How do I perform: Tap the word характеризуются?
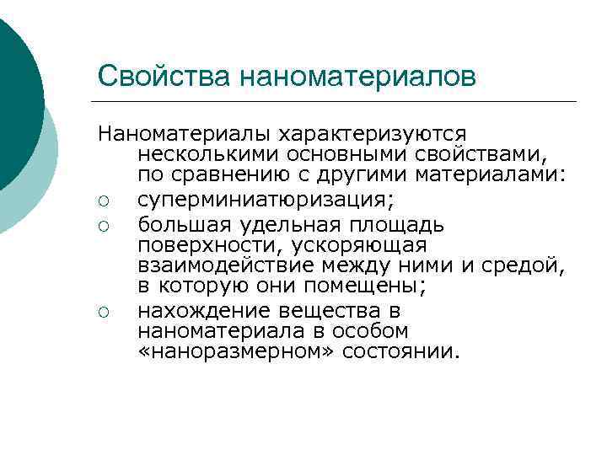373,135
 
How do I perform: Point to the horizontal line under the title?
337,102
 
